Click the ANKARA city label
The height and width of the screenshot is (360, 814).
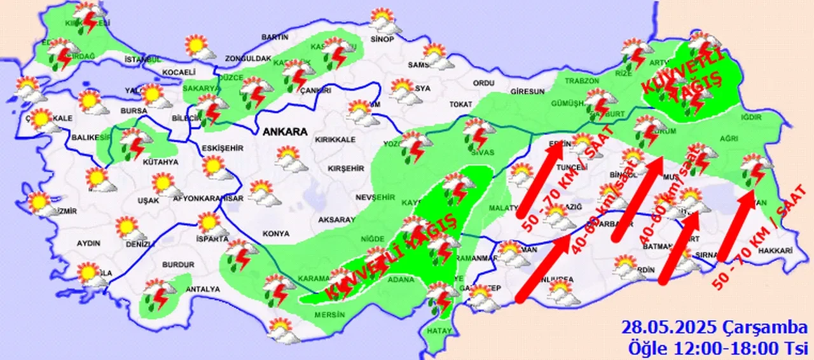[286, 132]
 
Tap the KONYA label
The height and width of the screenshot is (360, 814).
[275, 233]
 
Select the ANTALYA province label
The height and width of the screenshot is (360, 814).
[202, 289]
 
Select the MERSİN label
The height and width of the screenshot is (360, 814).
[329, 314]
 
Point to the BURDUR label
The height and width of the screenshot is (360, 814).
[178, 264]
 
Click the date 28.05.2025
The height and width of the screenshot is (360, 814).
[669, 328]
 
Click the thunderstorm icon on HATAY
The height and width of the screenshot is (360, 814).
[441, 298]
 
